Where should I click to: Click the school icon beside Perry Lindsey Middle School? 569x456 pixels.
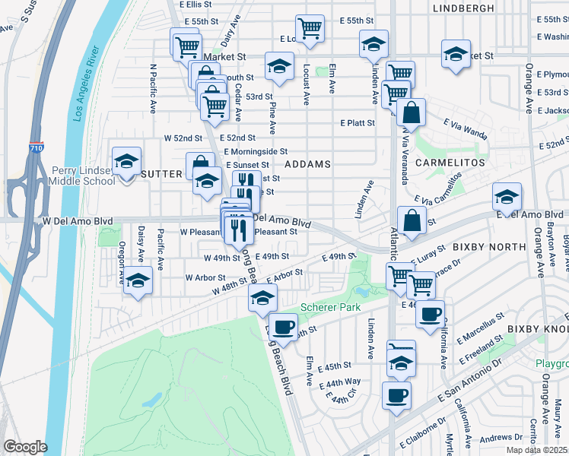tap(126, 161)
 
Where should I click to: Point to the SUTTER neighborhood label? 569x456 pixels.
tap(161, 174)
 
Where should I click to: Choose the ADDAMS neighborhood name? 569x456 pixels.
tap(308, 164)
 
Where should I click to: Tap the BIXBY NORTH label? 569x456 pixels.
tap(490, 247)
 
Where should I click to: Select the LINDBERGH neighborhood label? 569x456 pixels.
tap(463, 8)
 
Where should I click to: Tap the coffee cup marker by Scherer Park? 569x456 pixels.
tap(284, 328)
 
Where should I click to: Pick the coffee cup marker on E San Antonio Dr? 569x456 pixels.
tap(398, 395)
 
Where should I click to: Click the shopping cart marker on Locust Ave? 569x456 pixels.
tap(310, 28)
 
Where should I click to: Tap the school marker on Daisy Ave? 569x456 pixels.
tap(138, 281)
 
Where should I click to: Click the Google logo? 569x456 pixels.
tap(24, 447)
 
